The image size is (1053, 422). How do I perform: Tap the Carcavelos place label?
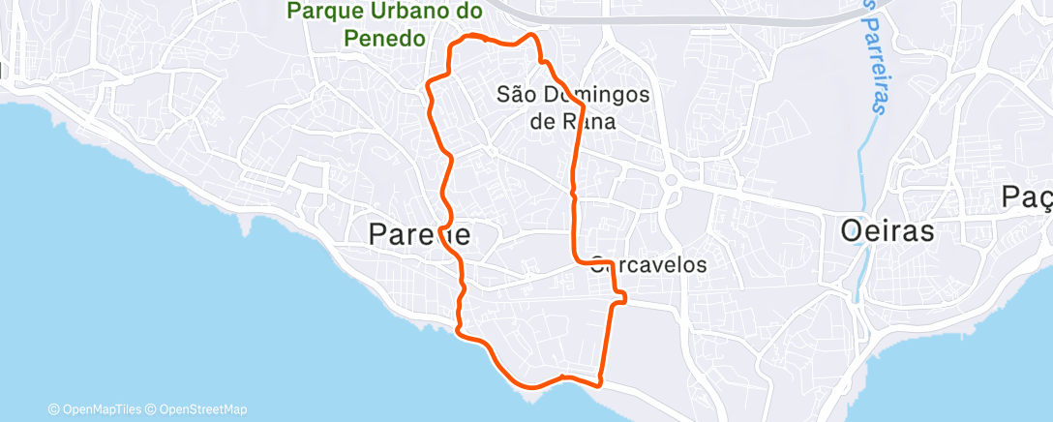[648, 264]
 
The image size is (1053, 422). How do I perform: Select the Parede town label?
[419, 233]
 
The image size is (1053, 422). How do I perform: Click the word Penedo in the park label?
[383, 39]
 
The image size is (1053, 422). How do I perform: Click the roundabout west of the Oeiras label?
[670, 179]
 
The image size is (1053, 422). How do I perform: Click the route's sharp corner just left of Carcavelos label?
[577, 260]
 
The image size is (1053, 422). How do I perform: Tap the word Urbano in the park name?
[416, 12]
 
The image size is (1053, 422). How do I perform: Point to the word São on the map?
[514, 95]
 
